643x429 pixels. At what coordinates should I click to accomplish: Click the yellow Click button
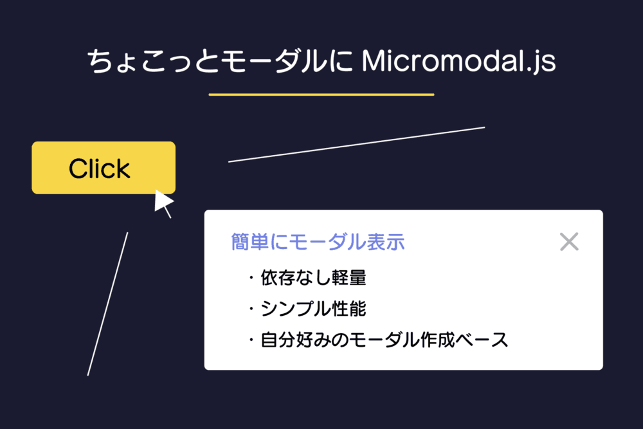click(x=104, y=168)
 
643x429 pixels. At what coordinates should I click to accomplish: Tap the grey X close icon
click(x=569, y=242)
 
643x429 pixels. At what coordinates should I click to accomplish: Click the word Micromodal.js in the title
click(x=458, y=63)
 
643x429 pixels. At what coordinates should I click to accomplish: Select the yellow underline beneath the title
click(x=321, y=95)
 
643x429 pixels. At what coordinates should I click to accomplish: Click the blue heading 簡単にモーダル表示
click(x=318, y=242)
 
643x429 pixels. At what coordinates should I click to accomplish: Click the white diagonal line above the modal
click(x=356, y=145)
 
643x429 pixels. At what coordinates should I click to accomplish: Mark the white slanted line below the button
click(x=108, y=304)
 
